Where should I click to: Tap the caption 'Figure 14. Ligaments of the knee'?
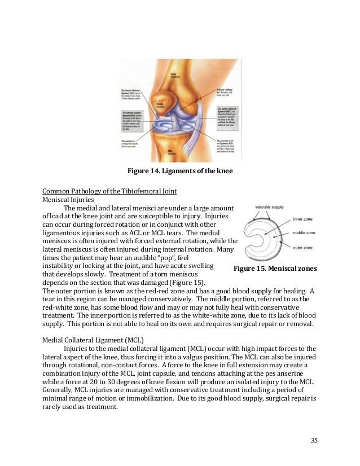coord(179,171)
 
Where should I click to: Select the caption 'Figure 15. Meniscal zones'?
coord(275,269)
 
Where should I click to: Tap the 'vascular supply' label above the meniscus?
coord(269,208)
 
